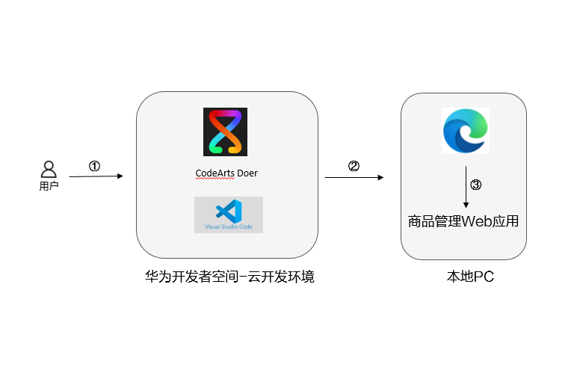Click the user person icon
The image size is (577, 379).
pyautogui.click(x=49, y=169)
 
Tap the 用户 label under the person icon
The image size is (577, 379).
pyautogui.click(x=49, y=186)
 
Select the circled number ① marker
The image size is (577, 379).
pyautogui.click(x=94, y=167)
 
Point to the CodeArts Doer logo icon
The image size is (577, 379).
pyautogui.click(x=225, y=132)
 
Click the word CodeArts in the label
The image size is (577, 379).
pyautogui.click(x=215, y=173)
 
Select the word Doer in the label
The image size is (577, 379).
pyautogui.click(x=247, y=173)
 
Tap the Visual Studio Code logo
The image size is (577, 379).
pyautogui.click(x=229, y=210)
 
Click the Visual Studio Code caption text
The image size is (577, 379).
pyautogui.click(x=229, y=227)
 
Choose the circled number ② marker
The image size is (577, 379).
pyautogui.click(x=354, y=167)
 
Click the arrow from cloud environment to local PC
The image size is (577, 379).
pyautogui.click(x=354, y=177)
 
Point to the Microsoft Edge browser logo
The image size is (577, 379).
pyautogui.click(x=464, y=131)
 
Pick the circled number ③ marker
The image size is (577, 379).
pyautogui.click(x=475, y=185)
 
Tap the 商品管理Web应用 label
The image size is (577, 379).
pyautogui.click(x=463, y=221)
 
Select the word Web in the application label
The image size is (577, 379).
pyautogui.click(x=476, y=221)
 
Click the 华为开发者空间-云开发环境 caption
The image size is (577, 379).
pyautogui.click(x=229, y=277)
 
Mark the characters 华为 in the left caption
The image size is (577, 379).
pyautogui.click(x=158, y=277)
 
